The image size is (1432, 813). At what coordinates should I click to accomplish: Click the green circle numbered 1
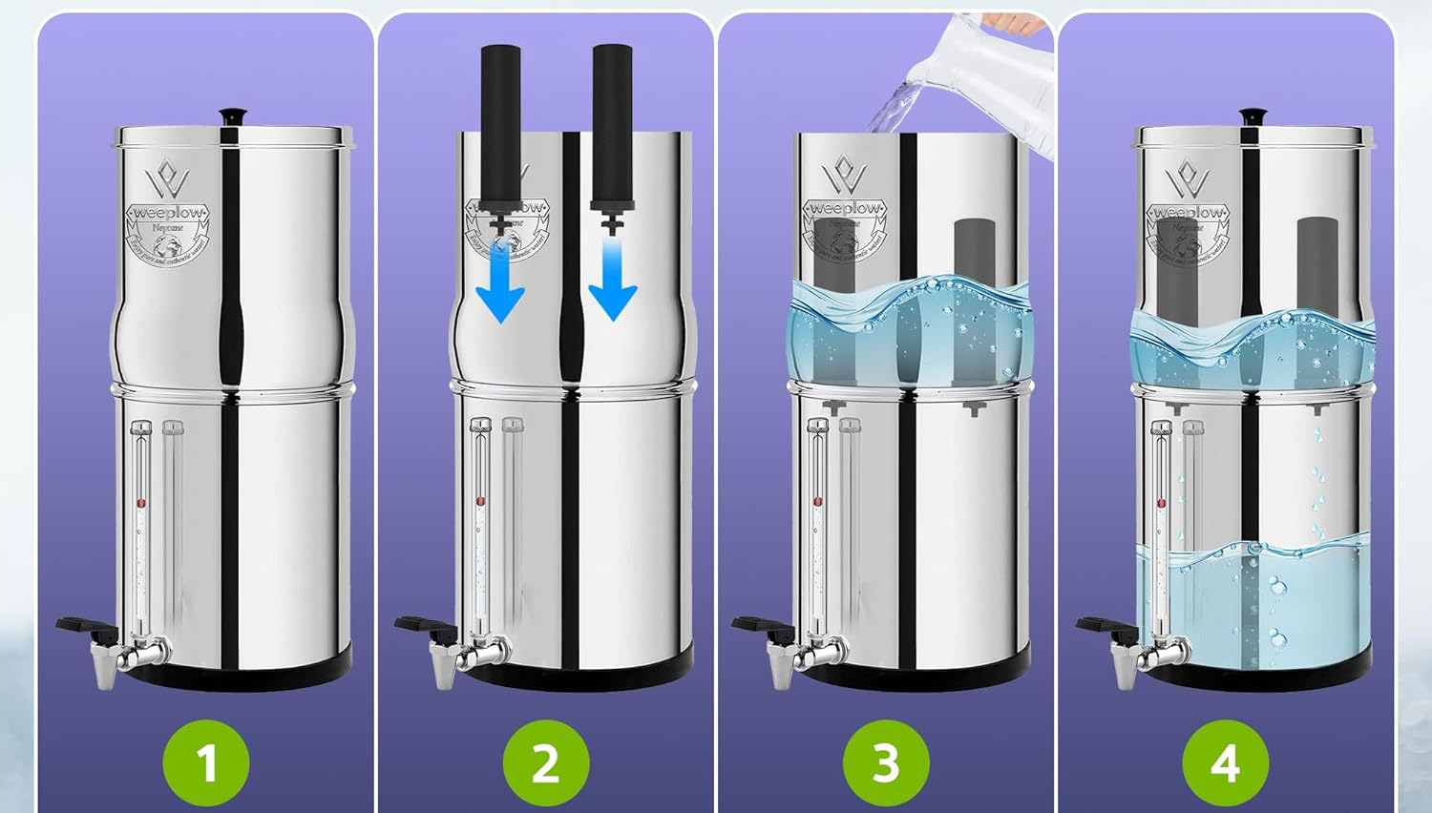pos(206,763)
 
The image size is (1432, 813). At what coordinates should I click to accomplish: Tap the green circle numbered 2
pos(545,763)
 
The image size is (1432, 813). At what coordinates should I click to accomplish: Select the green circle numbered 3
pos(886,763)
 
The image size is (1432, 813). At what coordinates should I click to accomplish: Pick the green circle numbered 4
pos(1225,763)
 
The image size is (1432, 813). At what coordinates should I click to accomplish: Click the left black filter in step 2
pos(500,124)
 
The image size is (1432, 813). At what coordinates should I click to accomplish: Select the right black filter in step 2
pos(612,124)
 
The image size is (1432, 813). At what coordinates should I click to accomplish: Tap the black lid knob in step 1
pos(232,116)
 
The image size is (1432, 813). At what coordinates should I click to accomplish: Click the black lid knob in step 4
pos(1252,116)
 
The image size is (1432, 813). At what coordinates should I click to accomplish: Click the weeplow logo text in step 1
pos(173,212)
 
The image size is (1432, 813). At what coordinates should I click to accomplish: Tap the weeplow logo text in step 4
pos(1188,212)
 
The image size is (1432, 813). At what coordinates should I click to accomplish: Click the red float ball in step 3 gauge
pos(818,501)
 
